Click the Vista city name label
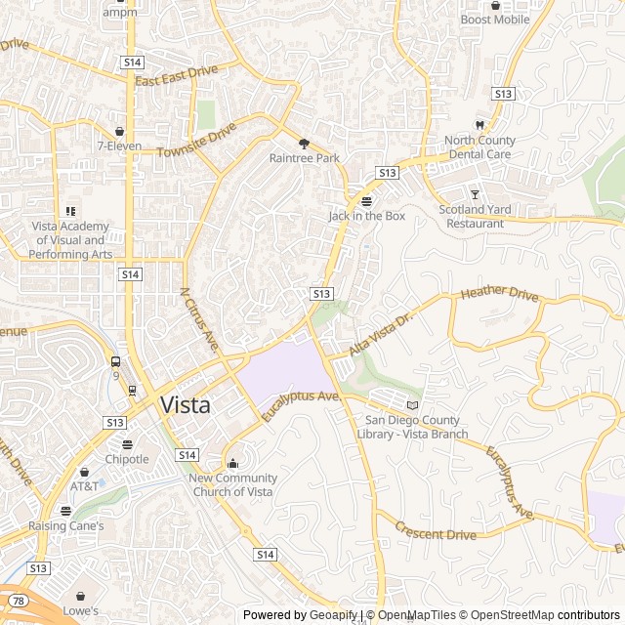pyautogui.click(x=185, y=405)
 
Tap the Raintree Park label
pyautogui.click(x=304, y=157)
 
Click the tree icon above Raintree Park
pyautogui.click(x=304, y=142)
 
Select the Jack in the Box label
pyautogui.click(x=366, y=216)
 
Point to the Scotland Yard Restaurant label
pyautogui.click(x=476, y=216)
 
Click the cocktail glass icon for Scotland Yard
pyautogui.click(x=476, y=194)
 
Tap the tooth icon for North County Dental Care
pyautogui.click(x=479, y=124)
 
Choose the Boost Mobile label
pyautogui.click(x=495, y=20)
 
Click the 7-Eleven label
pyautogui.click(x=119, y=146)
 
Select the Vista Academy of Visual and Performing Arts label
pyautogui.click(x=70, y=240)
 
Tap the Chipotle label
pyautogui.click(x=127, y=459)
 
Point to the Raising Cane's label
pyautogui.click(x=66, y=525)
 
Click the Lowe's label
pyautogui.click(x=81, y=610)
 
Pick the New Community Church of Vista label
pyautogui.click(x=232, y=484)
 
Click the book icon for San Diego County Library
pyautogui.click(x=412, y=405)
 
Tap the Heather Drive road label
pyautogui.click(x=499, y=293)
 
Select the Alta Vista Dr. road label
pyautogui.click(x=382, y=335)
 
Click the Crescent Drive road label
pyautogui.click(x=436, y=530)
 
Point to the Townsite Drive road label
pyautogui.click(x=197, y=140)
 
